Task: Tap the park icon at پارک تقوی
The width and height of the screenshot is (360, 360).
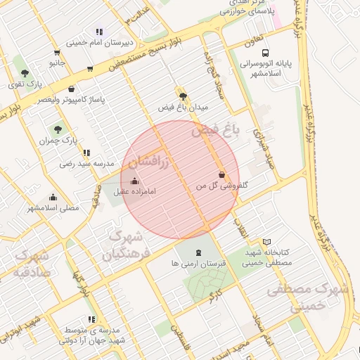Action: [x=25, y=72]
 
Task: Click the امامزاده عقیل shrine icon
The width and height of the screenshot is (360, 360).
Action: [x=134, y=181]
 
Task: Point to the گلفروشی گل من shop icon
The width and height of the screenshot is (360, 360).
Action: [x=221, y=174]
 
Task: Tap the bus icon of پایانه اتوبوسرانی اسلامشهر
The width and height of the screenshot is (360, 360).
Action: [x=265, y=53]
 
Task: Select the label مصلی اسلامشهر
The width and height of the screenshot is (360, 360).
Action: [x=53, y=208]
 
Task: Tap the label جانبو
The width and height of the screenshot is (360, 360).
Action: [x=57, y=63]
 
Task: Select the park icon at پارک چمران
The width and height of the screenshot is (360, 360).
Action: [x=58, y=129]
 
